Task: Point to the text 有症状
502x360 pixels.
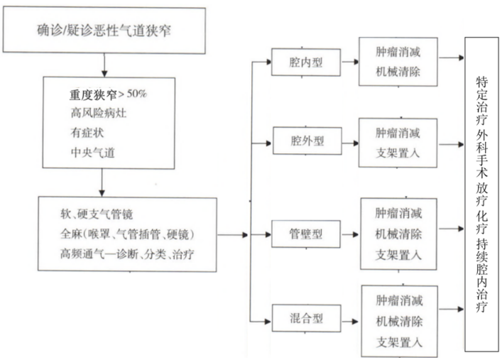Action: pos(88,131)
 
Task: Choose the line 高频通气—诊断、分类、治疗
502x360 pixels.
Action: pos(128,252)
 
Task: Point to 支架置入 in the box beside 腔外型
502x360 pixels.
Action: pos(399,151)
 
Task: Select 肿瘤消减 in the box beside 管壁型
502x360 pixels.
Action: pos(400,213)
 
